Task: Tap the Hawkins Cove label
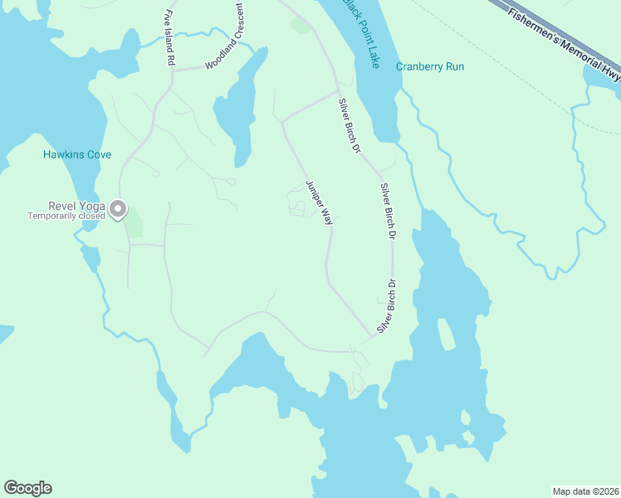pos(77,154)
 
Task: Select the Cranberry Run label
pos(430,66)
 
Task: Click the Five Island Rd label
pos(169,38)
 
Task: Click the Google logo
pos(27,488)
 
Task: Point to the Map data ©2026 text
pos(586,491)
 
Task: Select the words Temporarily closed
pos(66,217)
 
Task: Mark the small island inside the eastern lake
pos(447,333)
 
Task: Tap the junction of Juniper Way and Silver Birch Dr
pos(371,336)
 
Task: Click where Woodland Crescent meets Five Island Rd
pos(173,71)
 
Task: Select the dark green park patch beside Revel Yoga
pos(134,222)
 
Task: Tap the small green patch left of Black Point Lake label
pos(300,26)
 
